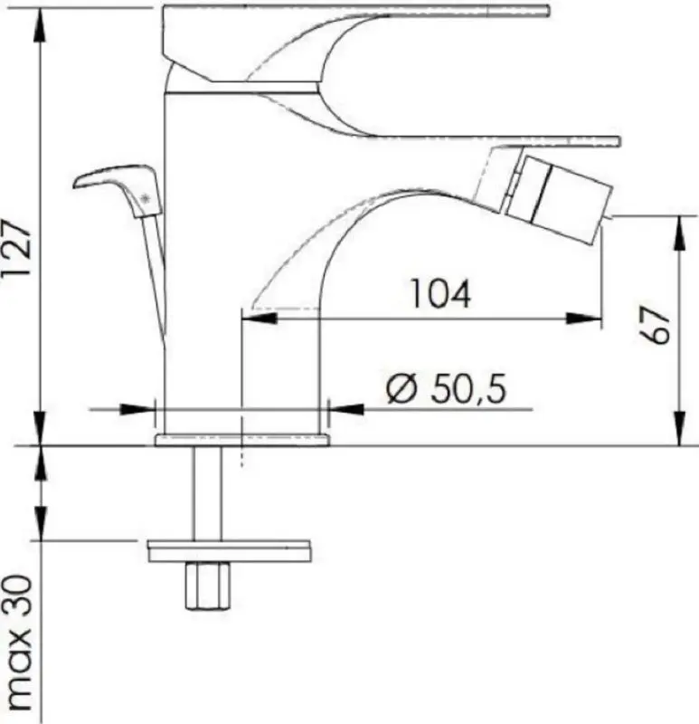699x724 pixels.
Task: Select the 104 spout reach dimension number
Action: pyautogui.click(x=440, y=294)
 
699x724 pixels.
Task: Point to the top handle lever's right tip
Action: pyautogui.click(x=543, y=11)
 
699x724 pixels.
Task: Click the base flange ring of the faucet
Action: pyautogui.click(x=242, y=440)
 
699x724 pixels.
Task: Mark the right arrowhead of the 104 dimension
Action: pyautogui.click(x=588, y=317)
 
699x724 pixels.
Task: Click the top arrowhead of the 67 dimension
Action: pyautogui.click(x=678, y=227)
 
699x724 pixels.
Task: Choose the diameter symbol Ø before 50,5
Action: pyautogui.click(x=400, y=390)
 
